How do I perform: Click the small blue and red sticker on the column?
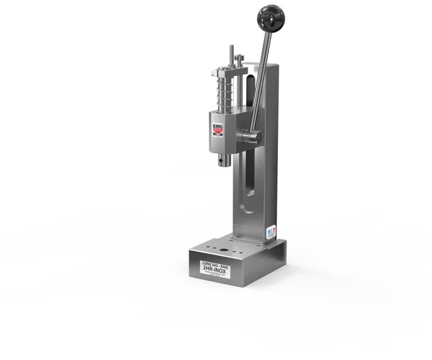[270, 232]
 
